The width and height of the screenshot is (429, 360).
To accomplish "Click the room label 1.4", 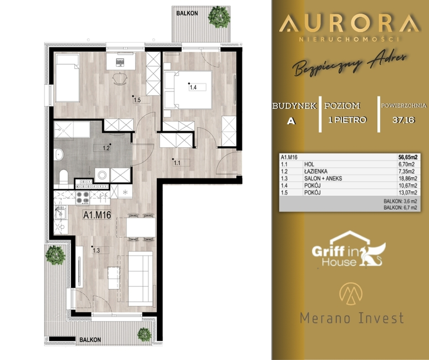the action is click(193, 88).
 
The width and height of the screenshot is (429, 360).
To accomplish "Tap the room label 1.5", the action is click(137, 100).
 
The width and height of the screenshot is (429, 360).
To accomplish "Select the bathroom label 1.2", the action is click(106, 149).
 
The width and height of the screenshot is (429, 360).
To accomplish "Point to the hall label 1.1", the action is click(177, 163).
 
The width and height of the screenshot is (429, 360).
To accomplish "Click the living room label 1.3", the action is click(96, 250).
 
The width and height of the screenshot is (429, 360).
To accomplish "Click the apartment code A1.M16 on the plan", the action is click(97, 215).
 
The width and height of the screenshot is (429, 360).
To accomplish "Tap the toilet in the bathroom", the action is click(64, 177).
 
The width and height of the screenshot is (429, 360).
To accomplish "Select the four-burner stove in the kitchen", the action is click(82, 198).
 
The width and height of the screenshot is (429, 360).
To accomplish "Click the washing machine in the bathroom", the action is click(102, 175).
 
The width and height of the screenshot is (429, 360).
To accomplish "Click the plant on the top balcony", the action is click(219, 17).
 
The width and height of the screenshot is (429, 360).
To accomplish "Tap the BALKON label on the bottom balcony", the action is click(90, 340).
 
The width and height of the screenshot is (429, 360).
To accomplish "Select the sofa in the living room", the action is click(141, 279).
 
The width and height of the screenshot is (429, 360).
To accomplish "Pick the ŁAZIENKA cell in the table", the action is click(316, 172).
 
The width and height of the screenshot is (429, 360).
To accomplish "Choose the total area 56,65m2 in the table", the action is click(408, 157).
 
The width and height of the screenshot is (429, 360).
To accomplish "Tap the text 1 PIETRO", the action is click(347, 120).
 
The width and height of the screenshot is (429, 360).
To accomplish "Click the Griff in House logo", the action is click(348, 249).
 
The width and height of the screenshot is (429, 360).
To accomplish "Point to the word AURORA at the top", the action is click(349, 23).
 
